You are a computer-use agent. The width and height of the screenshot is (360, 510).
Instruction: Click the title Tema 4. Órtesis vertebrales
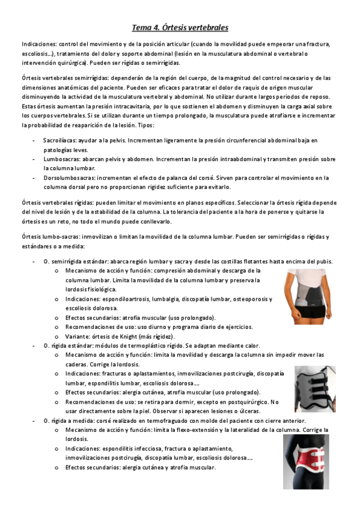coord(180,28)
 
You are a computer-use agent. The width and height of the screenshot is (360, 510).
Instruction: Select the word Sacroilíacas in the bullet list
coord(59,140)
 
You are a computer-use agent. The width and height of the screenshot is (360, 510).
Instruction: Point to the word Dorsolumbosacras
coord(66,178)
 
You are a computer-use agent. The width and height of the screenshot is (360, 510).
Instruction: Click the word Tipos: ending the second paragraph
coord(146,125)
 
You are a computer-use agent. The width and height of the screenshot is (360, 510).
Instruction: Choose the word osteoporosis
coord(252,299)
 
